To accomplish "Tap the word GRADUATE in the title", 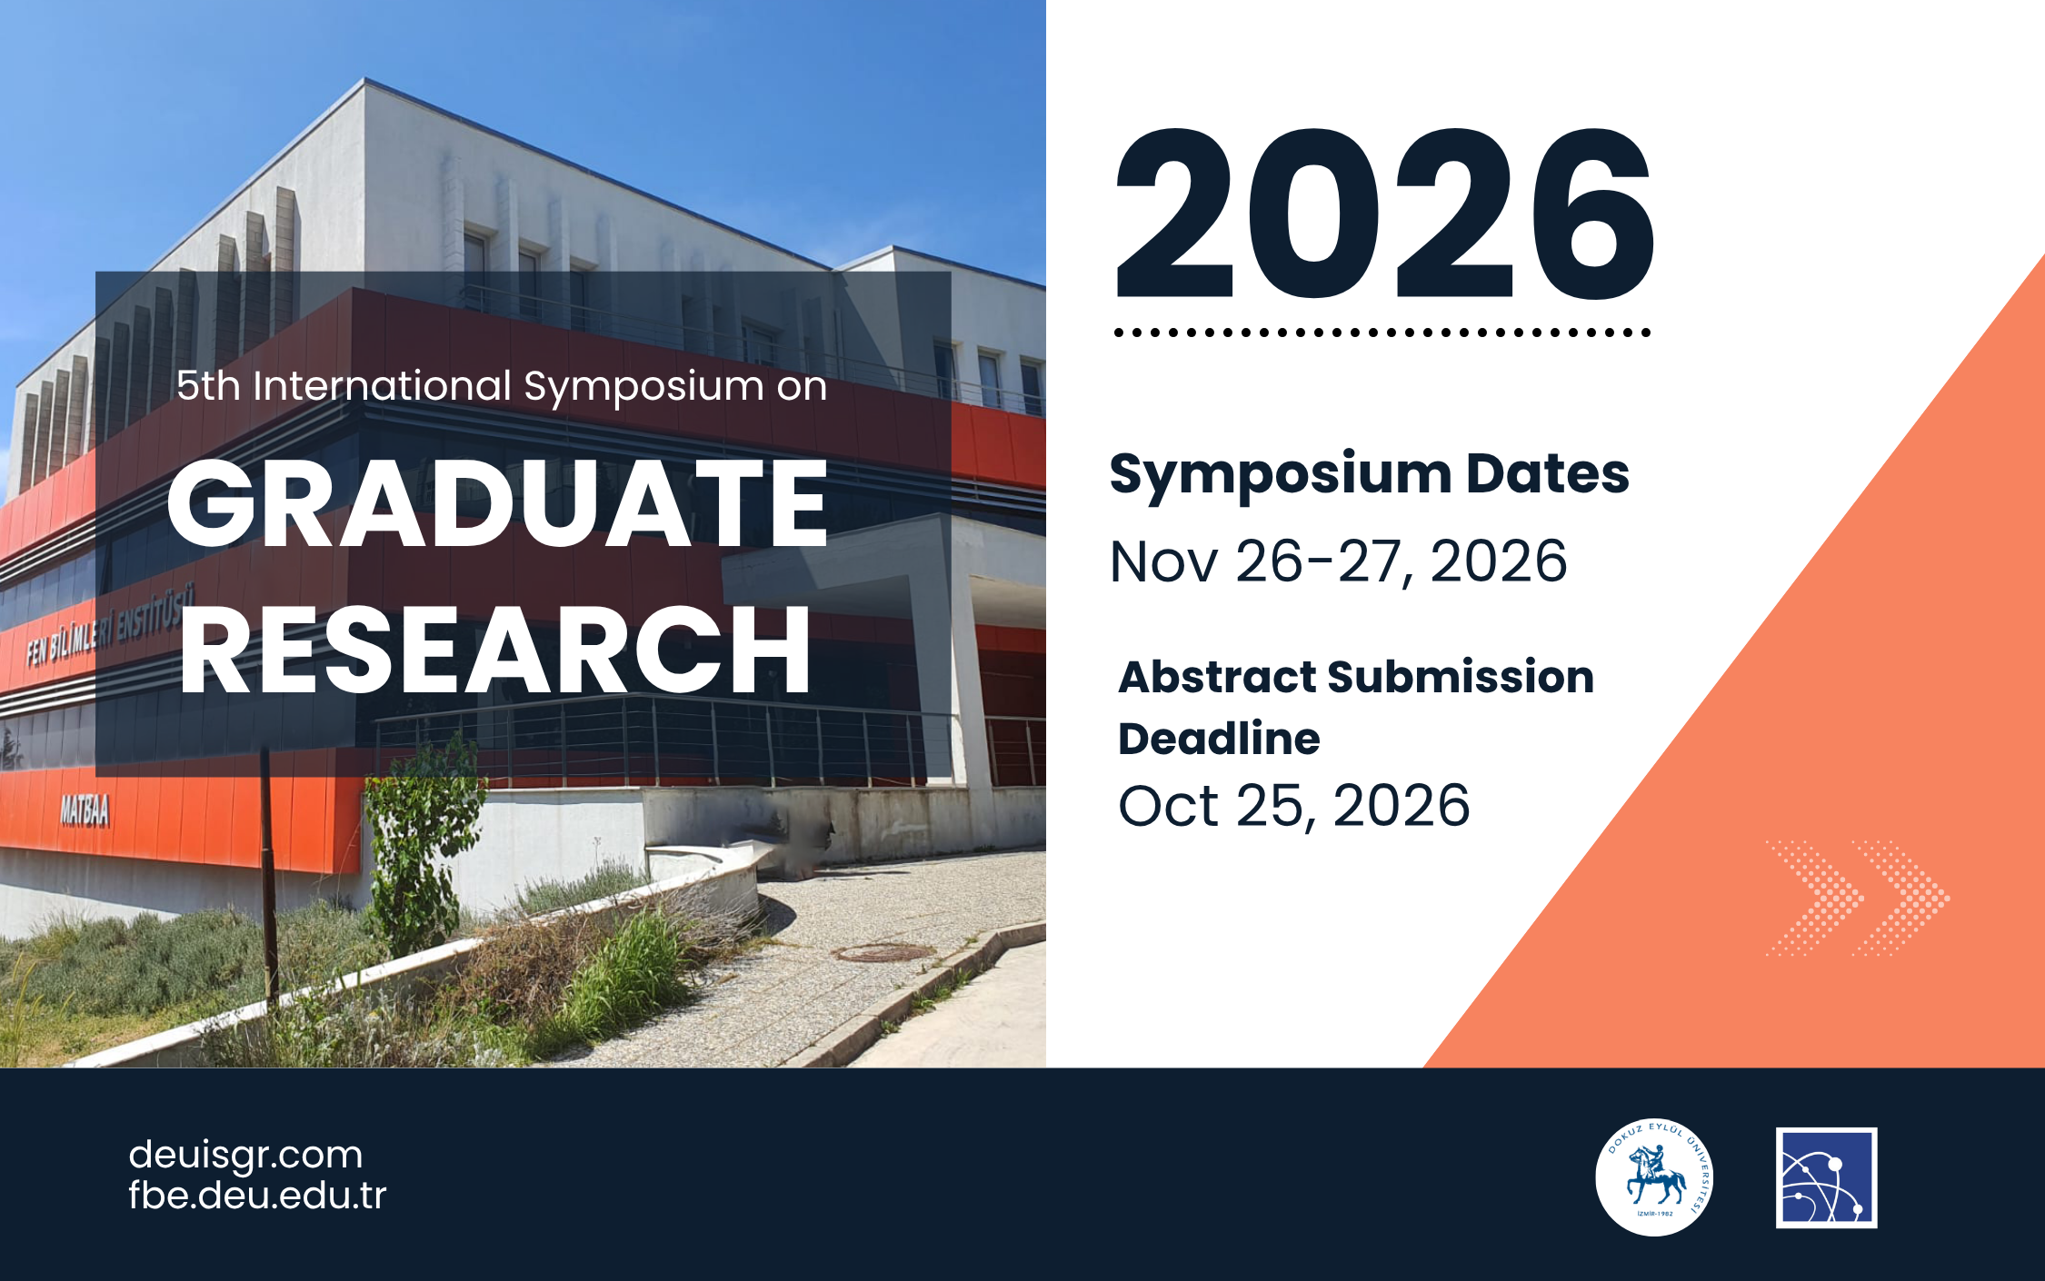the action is pos(497,503).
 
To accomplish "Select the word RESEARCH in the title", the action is pos(495,650).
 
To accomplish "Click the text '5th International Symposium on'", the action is pos(502,387).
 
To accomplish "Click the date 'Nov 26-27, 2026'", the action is pos(1339,561).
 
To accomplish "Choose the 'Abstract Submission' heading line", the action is pos(1356,677).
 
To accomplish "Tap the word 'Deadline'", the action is pos(1219,739).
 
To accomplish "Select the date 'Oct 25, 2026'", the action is pos(1294,806).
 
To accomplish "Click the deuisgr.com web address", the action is pos(245,1155).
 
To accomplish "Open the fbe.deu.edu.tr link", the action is pos(257,1195).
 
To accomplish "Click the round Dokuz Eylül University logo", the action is pos(1654,1177).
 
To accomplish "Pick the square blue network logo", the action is pos(1827,1177).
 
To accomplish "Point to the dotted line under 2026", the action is pos(1382,333).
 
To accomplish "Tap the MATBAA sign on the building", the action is pos(85,809).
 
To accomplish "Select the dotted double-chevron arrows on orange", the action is pos(1857,898).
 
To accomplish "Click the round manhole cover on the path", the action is pos(884,952).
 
